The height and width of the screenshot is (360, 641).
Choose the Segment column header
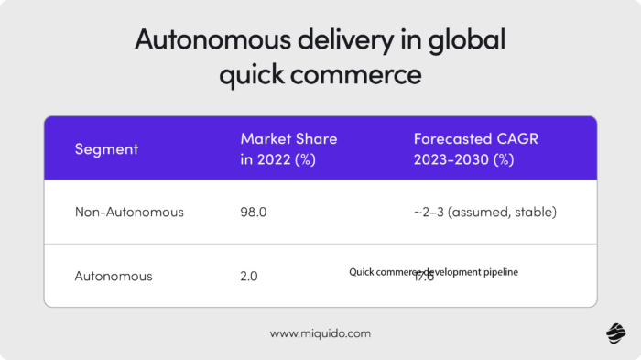tap(106, 148)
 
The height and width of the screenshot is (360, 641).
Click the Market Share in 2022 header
tap(288, 148)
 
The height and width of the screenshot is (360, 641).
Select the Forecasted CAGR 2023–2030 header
tap(464, 148)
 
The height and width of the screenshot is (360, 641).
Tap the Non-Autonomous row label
tap(129, 212)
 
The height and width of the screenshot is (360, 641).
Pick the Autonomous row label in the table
tap(114, 275)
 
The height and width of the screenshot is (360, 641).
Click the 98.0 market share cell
tap(253, 212)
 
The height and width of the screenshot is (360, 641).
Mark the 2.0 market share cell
tap(249, 275)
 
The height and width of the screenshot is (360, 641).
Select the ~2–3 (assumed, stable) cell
tap(484, 212)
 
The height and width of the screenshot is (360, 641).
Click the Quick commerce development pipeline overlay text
tap(433, 272)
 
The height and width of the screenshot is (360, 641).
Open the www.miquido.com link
tap(320, 333)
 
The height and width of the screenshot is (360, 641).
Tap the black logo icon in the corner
tap(616, 334)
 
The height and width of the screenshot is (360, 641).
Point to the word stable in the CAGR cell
tap(533, 212)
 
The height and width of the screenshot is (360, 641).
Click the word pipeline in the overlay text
tap(500, 272)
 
